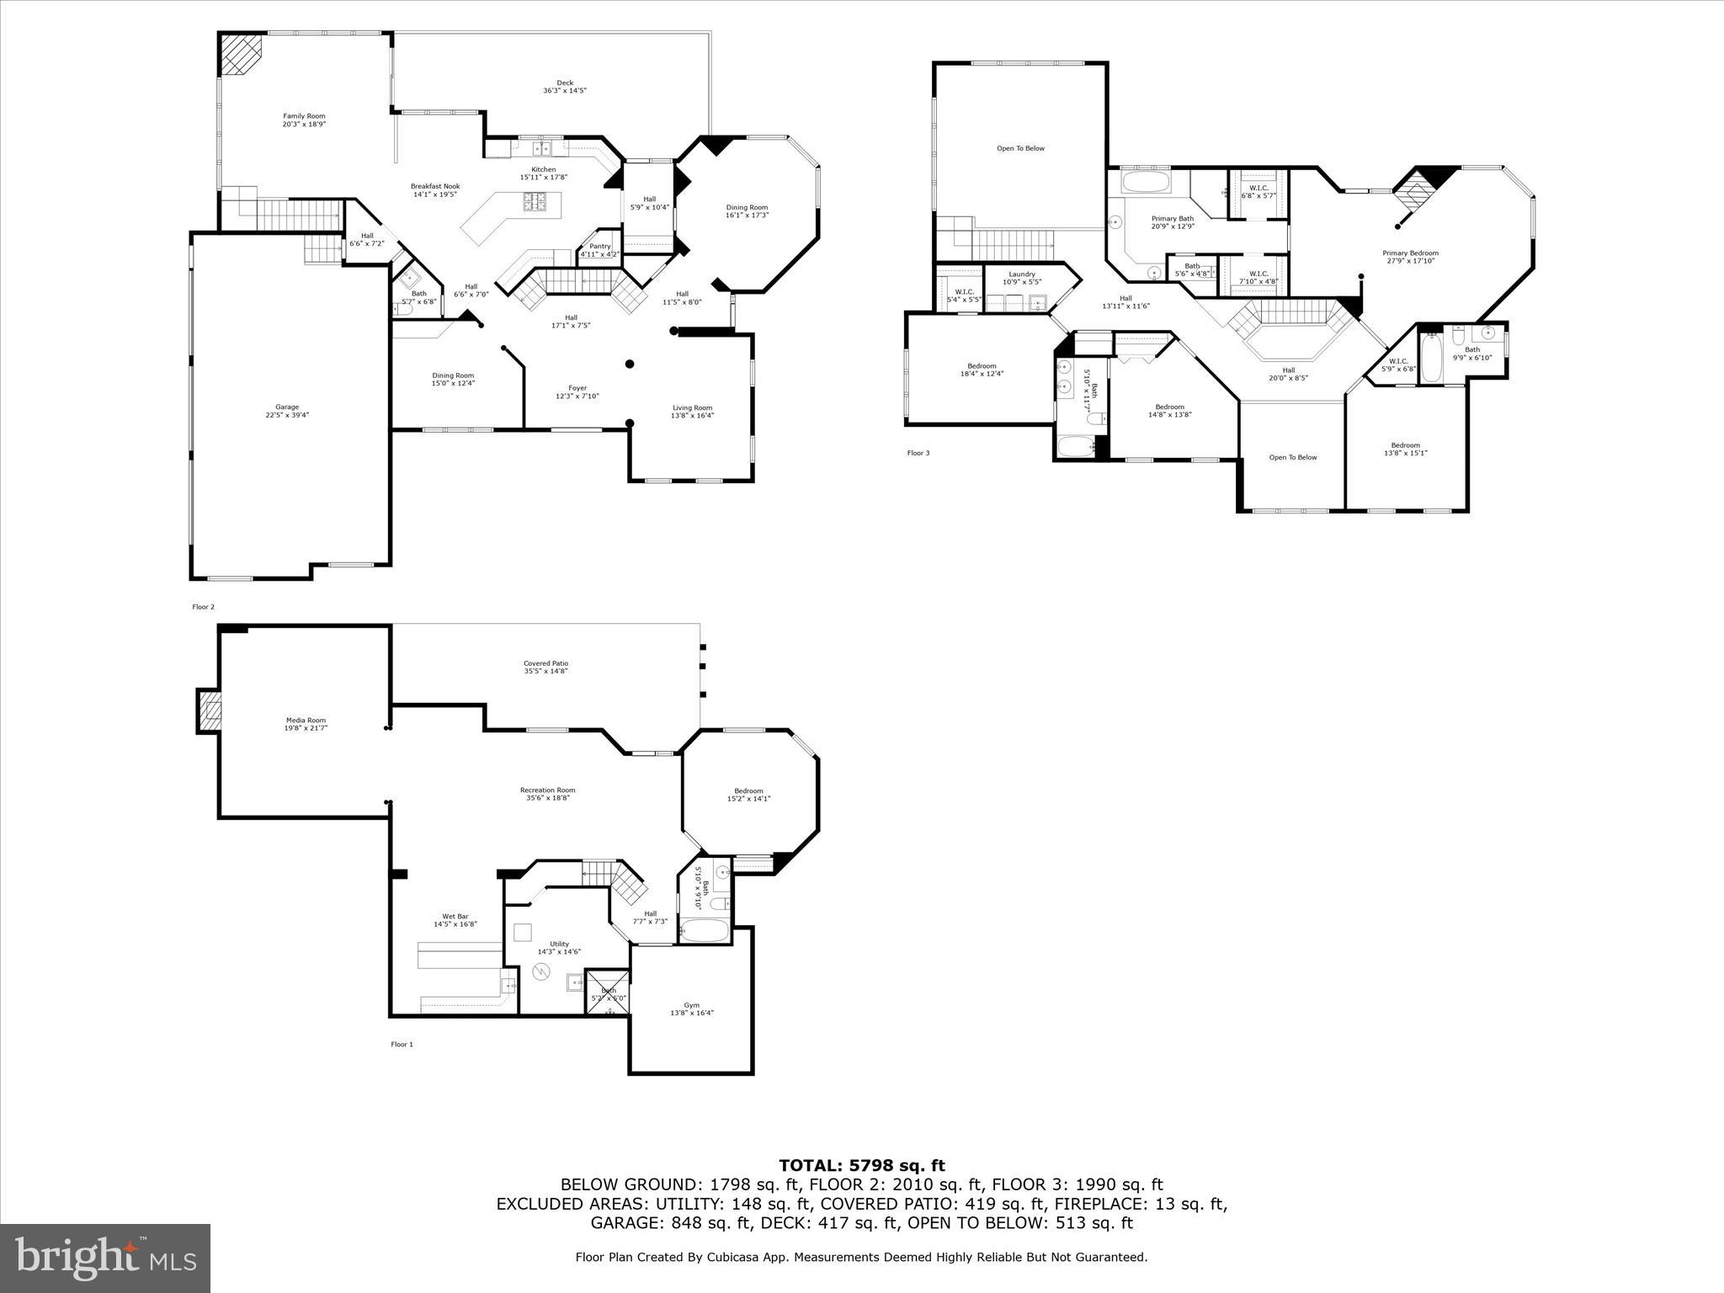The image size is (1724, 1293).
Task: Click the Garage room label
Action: (x=287, y=411)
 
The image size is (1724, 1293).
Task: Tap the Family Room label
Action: (x=304, y=120)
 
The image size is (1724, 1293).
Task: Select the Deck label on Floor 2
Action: (x=565, y=87)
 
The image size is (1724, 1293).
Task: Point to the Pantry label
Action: (x=600, y=250)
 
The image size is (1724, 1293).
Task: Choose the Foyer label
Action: (x=577, y=392)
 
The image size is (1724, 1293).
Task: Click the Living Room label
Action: (x=692, y=412)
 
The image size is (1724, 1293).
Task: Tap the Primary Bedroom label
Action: (x=1410, y=257)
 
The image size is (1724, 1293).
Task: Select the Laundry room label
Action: (x=1022, y=278)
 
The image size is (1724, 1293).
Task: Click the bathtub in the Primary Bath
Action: (x=1146, y=183)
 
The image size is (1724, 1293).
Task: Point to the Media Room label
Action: (x=305, y=724)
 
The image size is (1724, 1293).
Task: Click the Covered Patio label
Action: (x=545, y=668)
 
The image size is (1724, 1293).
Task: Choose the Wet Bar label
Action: (x=455, y=920)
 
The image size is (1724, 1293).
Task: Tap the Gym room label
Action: (x=691, y=1008)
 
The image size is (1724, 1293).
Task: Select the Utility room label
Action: (x=559, y=948)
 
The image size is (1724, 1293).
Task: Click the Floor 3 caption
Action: (x=918, y=453)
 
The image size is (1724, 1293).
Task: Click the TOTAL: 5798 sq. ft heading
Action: (x=861, y=1166)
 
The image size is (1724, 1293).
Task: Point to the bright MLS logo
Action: (x=105, y=1258)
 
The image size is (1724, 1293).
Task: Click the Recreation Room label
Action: (x=547, y=794)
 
